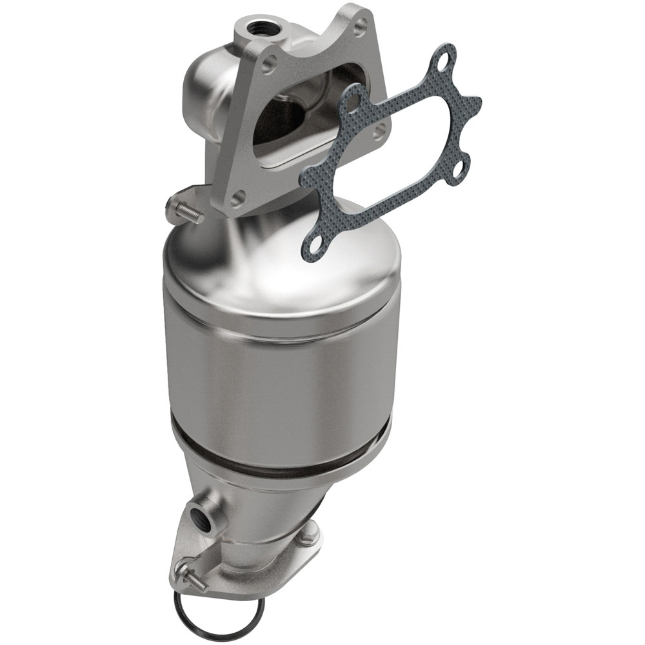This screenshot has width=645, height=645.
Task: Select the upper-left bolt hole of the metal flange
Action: coord(270,62)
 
